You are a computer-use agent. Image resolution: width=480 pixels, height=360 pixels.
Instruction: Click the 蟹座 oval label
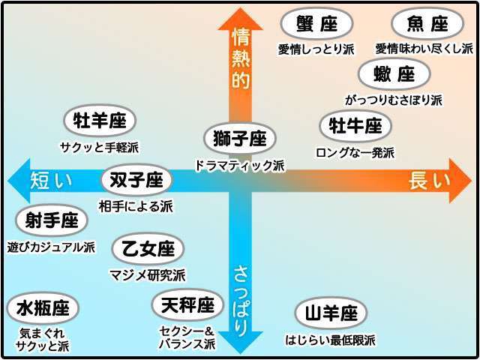coord(316,23)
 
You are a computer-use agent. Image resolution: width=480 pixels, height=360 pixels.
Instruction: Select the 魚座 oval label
coord(427,23)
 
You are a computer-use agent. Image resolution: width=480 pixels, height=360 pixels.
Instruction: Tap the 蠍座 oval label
coord(394,74)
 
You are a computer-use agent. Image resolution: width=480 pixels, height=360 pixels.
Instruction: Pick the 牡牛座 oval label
coord(355,126)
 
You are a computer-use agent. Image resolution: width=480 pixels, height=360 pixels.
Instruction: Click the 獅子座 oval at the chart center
coord(240,138)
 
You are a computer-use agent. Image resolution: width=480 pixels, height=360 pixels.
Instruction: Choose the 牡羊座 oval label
coord(100,121)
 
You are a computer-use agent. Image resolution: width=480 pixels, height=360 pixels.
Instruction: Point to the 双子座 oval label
coord(136,180)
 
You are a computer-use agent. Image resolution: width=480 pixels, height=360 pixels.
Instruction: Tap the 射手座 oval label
coord(52,220)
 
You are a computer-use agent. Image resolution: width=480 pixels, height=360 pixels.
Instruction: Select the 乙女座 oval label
coord(148,249)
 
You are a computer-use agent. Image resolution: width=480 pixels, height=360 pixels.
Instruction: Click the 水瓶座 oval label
coord(43,308)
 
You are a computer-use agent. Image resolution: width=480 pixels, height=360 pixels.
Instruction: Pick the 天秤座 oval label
coord(187,305)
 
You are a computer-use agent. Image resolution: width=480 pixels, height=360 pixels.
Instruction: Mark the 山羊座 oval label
coord(331,313)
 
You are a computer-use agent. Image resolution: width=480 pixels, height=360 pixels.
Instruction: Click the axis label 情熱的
coord(241,58)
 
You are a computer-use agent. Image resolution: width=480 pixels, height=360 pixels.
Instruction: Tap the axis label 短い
coord(51,181)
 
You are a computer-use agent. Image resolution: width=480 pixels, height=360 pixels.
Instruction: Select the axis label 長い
coord(430,181)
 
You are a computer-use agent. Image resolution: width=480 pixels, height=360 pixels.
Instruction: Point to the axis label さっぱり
coord(241,301)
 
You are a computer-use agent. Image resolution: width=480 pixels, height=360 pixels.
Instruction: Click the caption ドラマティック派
coord(240,166)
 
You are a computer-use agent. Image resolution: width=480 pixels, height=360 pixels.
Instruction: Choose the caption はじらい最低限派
coord(330,340)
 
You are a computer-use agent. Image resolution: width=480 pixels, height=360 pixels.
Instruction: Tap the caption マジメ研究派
coord(148,275)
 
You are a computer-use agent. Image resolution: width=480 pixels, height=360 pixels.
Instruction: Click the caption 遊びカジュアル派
coord(51,247)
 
